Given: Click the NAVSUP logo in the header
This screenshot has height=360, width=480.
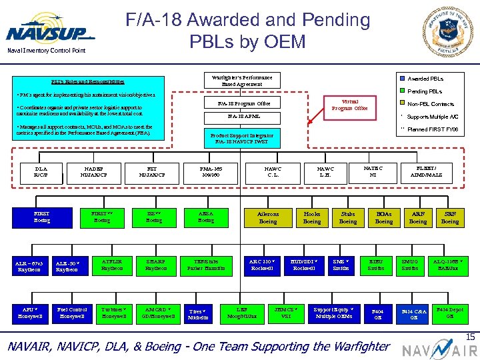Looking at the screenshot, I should (x=50, y=33).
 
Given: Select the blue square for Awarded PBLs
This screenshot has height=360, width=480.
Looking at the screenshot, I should (x=401, y=78).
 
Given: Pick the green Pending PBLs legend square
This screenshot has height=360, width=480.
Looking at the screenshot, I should (x=401, y=91).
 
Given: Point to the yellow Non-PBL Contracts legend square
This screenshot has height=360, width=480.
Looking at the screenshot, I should (x=401, y=104).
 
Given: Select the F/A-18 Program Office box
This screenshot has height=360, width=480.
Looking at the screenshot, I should (x=243, y=103).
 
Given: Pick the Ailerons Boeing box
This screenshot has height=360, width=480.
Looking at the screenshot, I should (x=267, y=218).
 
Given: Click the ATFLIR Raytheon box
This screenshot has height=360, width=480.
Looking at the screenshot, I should (x=112, y=265).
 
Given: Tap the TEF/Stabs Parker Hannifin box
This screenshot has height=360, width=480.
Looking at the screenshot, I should (x=205, y=265).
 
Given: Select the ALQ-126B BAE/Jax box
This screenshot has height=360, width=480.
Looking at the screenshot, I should (x=450, y=265).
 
